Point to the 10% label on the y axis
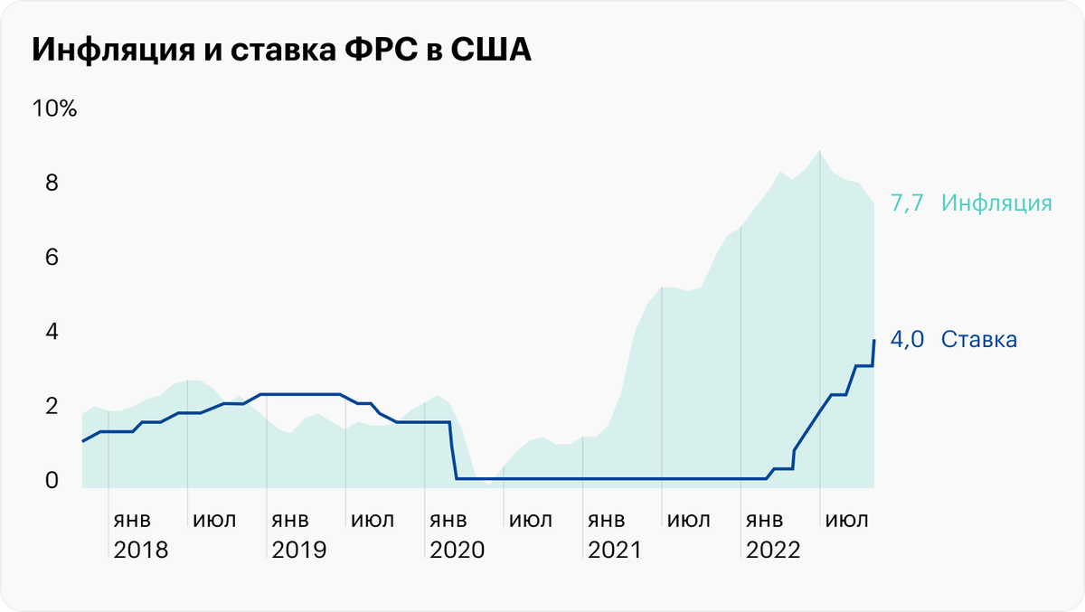(x=55, y=109)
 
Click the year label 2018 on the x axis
(x=140, y=550)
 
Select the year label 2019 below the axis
(x=298, y=550)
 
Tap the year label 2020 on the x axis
(x=457, y=550)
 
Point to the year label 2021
(x=614, y=550)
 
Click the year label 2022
(x=772, y=550)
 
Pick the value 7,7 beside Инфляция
(x=907, y=203)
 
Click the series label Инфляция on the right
(x=996, y=203)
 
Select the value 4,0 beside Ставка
(x=907, y=340)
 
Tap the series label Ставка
(x=979, y=340)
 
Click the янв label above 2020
(x=448, y=522)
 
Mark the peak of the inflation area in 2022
(x=819, y=151)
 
